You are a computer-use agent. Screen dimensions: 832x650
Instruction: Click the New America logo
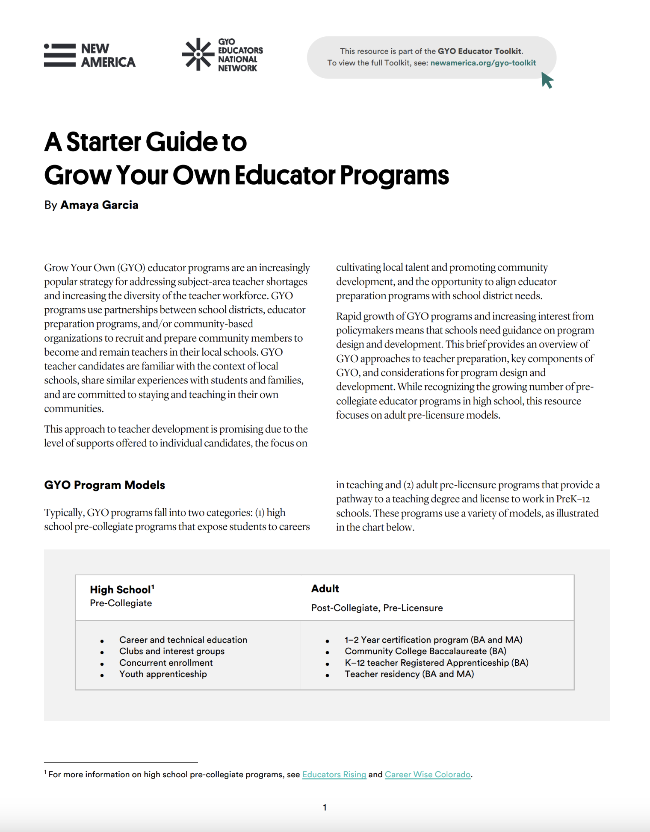coord(90,56)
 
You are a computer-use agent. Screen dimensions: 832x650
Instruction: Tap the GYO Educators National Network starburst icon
coord(198,54)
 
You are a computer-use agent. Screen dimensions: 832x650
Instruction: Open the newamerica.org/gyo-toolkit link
coord(483,63)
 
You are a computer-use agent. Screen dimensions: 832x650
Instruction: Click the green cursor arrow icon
coord(547,80)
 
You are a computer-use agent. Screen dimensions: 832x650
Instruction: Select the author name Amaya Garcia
coord(99,205)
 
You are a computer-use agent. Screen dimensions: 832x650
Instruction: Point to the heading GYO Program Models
coord(104,485)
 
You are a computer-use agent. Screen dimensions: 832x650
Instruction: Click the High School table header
coord(121,590)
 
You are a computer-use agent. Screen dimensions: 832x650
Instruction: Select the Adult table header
coord(325,589)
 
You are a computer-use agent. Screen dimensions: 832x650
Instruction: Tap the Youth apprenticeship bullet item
coord(163,674)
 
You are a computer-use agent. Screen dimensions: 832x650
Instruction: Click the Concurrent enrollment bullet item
coord(166,663)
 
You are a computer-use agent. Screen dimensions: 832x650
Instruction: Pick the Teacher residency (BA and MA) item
coord(409,674)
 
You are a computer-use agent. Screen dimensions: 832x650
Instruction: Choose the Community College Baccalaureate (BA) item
coord(425,651)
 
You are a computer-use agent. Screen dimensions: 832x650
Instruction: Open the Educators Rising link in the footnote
coord(334,775)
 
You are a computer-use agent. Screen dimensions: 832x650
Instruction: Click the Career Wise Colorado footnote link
coord(427,775)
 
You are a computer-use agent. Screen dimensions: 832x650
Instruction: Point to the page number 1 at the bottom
coord(325,807)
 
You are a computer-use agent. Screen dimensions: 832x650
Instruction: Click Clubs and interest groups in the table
coord(172,651)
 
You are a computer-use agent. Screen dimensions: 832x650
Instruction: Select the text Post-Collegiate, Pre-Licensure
coord(377,608)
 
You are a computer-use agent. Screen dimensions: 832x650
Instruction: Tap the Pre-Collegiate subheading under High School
coord(121,603)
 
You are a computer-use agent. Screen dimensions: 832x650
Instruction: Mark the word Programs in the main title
coord(394,176)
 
